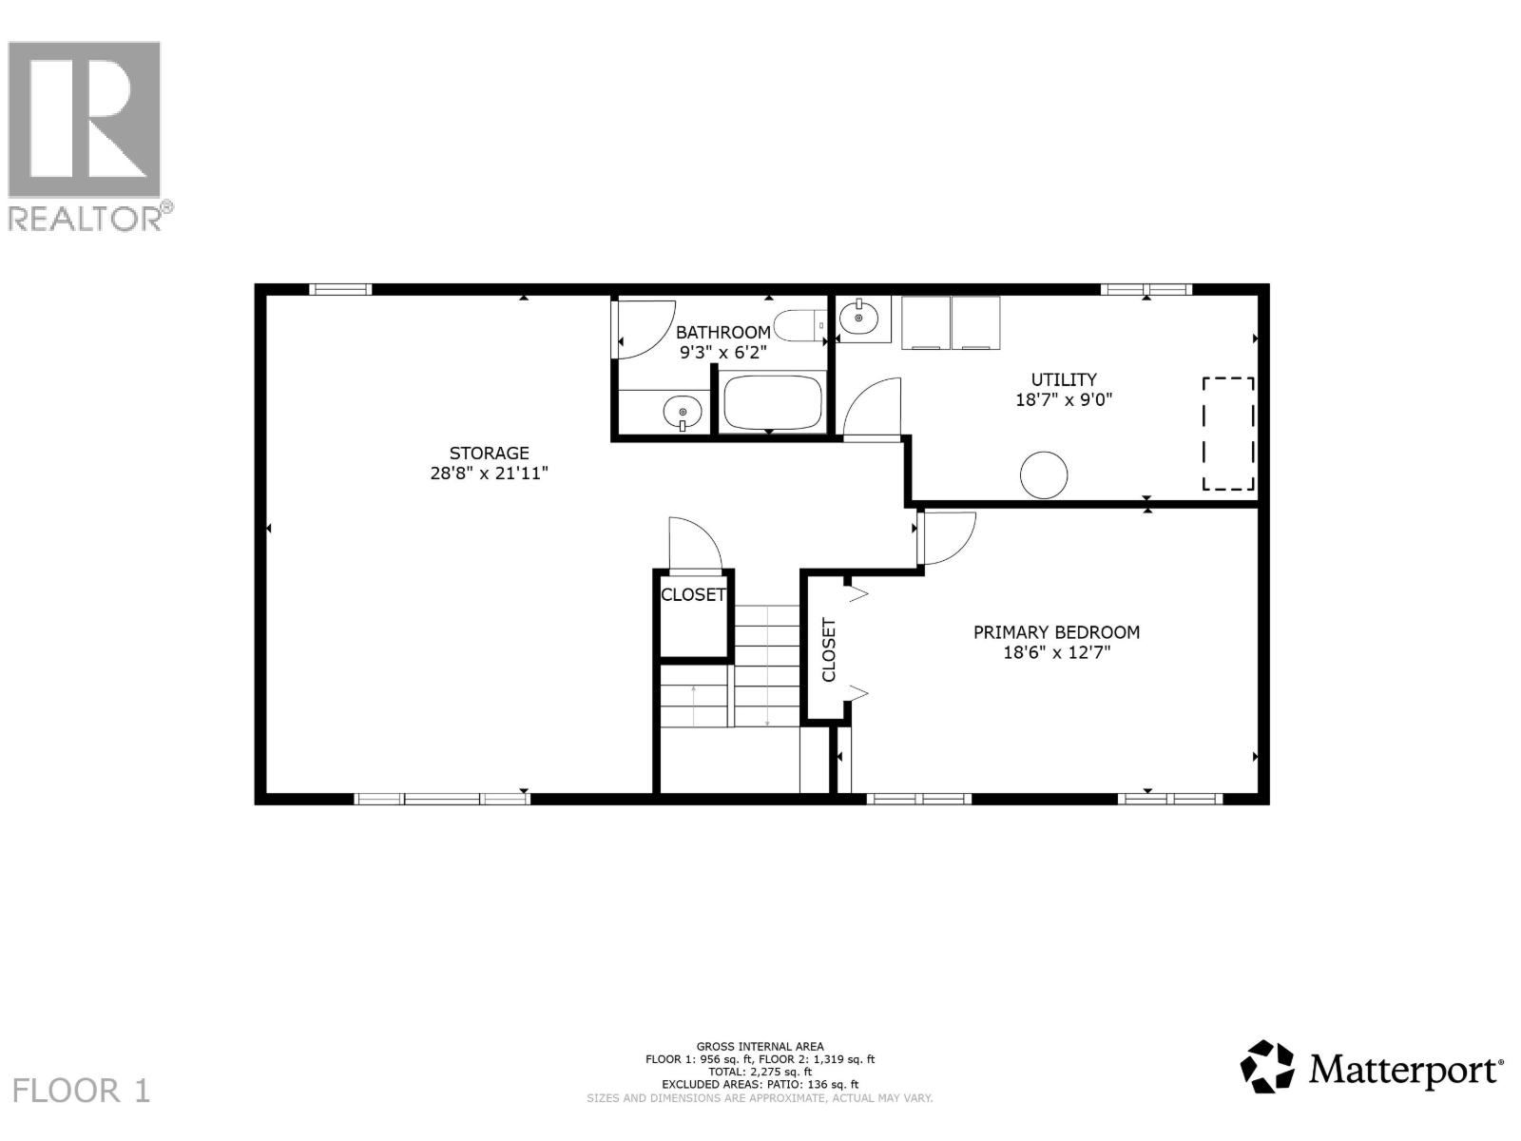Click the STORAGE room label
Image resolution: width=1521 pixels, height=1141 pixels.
[489, 454]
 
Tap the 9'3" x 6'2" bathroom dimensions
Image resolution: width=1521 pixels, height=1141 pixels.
[722, 352]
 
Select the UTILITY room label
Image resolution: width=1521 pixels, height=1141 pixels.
[1064, 379]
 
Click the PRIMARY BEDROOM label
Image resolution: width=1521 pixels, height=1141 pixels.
[1056, 632]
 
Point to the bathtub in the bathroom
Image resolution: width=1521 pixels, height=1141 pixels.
[771, 403]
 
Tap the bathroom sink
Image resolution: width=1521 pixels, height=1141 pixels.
[682, 413]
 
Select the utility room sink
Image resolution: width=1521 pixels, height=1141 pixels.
[861, 318]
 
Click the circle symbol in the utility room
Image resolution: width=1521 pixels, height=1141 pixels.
[1044, 474]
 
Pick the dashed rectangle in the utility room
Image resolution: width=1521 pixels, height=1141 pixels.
[1228, 434]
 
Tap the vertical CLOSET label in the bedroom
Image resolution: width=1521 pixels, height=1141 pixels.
[828, 650]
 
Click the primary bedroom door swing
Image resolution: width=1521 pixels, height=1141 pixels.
[947, 537]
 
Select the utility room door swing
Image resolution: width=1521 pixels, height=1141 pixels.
[872, 409]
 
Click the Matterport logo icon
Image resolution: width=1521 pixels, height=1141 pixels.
[1267, 1067]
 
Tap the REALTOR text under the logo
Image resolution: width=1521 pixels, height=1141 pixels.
[86, 219]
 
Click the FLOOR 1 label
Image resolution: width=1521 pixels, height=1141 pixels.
[82, 1090]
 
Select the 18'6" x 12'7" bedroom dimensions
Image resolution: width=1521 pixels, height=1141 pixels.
[1056, 653]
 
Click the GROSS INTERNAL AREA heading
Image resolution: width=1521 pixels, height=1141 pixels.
[760, 1047]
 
